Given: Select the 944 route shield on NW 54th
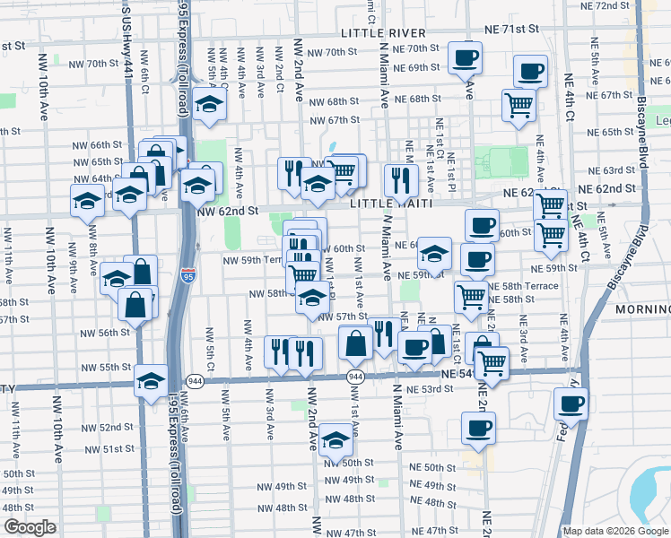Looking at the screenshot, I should (356, 377).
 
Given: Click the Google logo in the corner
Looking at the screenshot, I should (30, 527).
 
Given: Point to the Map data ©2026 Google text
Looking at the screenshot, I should (615, 531).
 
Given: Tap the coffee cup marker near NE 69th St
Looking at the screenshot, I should (465, 58).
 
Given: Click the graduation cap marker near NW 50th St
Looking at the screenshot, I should (335, 439).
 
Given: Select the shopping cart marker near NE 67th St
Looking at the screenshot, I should (518, 104).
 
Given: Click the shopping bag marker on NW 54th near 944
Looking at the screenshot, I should (356, 342).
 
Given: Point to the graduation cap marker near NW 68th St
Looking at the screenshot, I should (209, 103).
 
